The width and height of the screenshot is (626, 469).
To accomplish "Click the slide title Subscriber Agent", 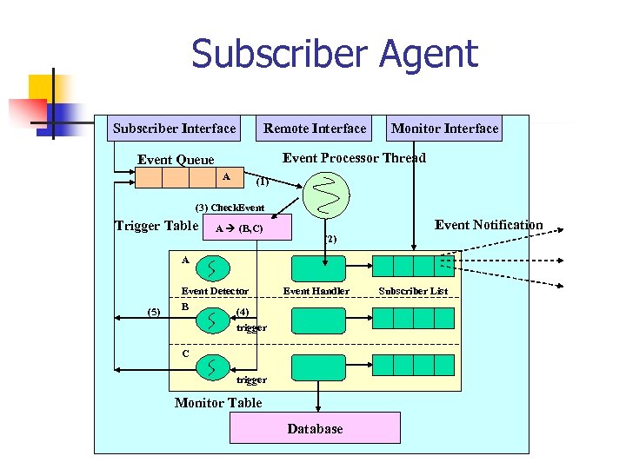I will [335, 54].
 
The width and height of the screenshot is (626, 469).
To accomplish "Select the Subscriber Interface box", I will [174, 129].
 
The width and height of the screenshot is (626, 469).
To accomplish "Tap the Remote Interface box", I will [315, 129].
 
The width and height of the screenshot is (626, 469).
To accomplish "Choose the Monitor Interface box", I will [444, 129].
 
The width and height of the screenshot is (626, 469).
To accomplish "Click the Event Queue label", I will [176, 160].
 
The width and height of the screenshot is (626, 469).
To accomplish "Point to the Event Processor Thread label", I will [354, 158].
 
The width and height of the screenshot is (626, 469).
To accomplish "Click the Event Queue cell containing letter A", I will [227, 177].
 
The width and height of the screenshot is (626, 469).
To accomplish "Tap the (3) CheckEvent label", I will [230, 208].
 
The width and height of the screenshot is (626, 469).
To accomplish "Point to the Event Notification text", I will [489, 225].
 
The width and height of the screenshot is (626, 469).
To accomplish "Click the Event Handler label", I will [316, 291].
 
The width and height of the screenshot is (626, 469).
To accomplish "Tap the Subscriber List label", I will [413, 291].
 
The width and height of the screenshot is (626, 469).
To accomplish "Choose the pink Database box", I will [315, 428].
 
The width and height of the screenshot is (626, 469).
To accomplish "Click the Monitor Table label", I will [218, 403].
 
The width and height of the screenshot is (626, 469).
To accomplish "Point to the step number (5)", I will [154, 312].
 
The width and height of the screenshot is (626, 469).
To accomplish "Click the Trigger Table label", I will [156, 227].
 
